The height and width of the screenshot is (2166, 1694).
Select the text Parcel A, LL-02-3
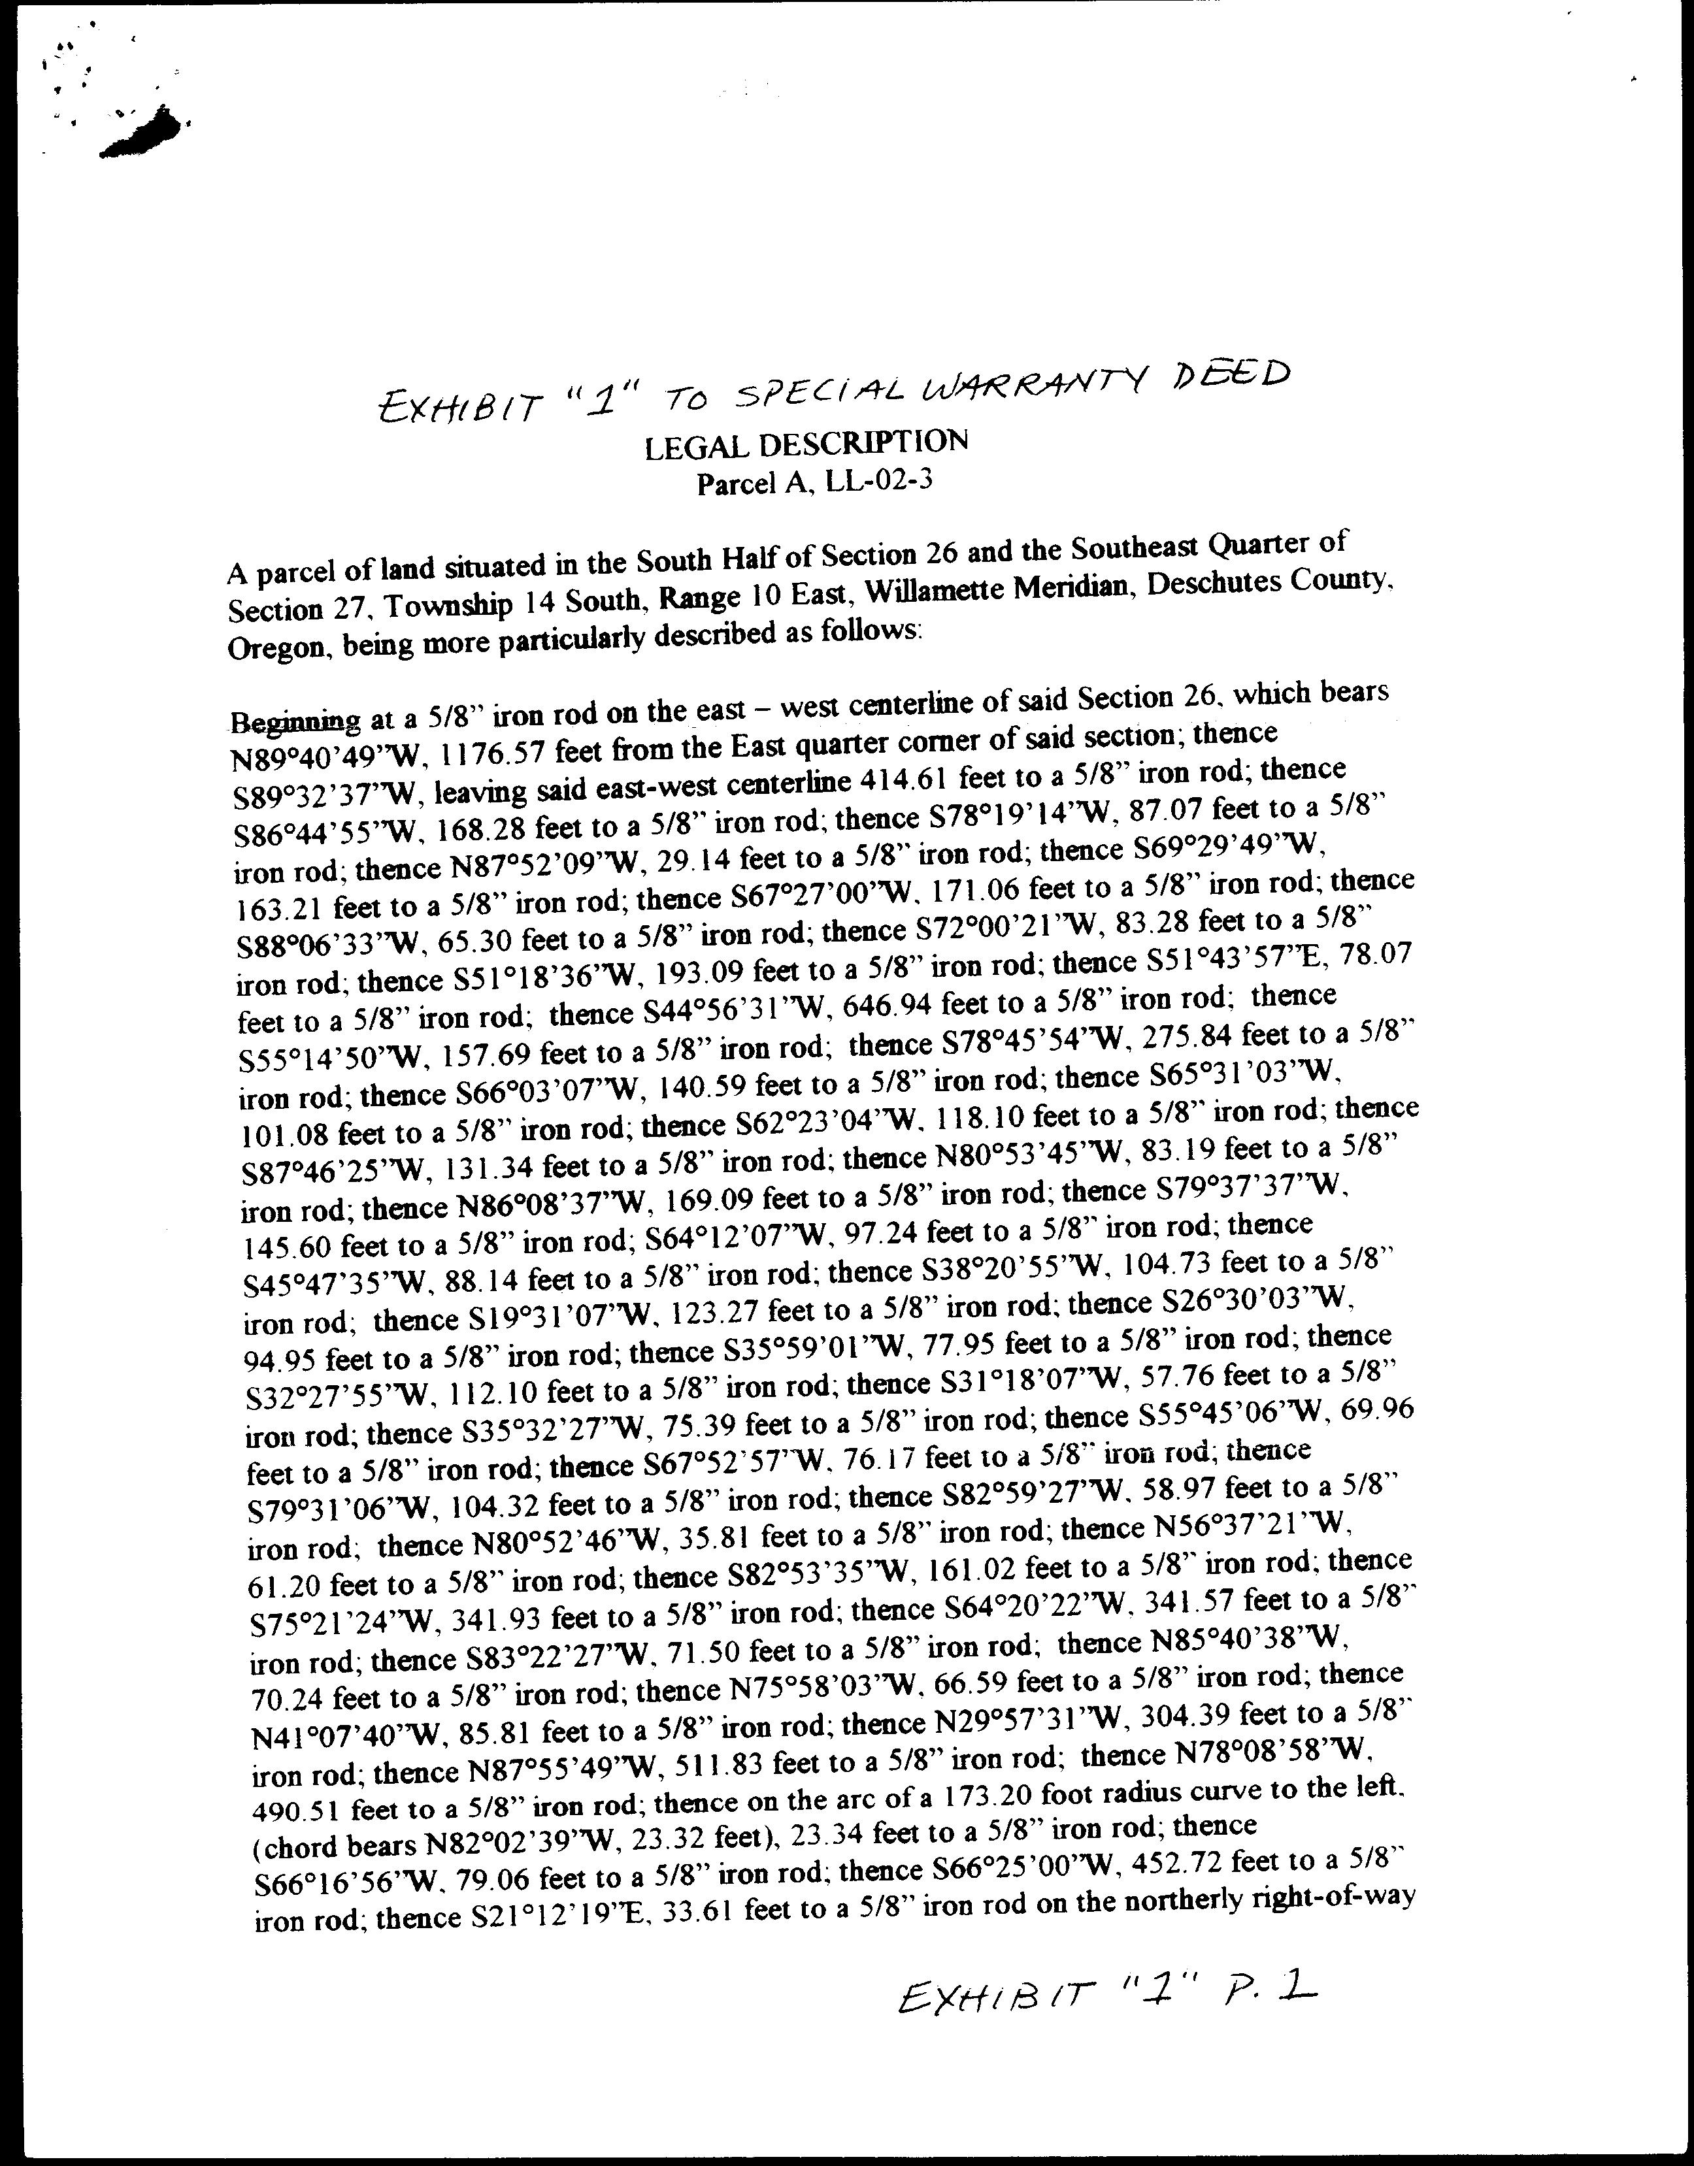click(814, 483)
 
